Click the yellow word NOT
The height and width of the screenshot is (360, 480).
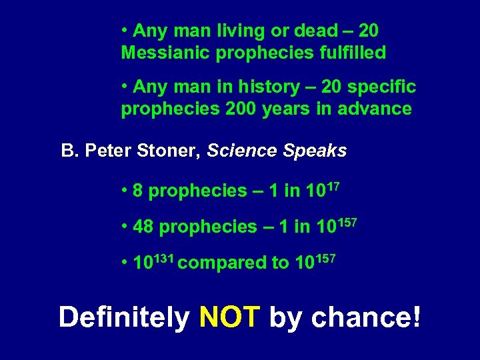click(229, 317)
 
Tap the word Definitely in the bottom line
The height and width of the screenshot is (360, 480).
click(124, 317)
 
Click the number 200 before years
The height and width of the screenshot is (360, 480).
click(231, 109)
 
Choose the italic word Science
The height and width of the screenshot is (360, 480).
click(241, 151)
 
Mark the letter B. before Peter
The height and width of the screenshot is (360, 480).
click(69, 151)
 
